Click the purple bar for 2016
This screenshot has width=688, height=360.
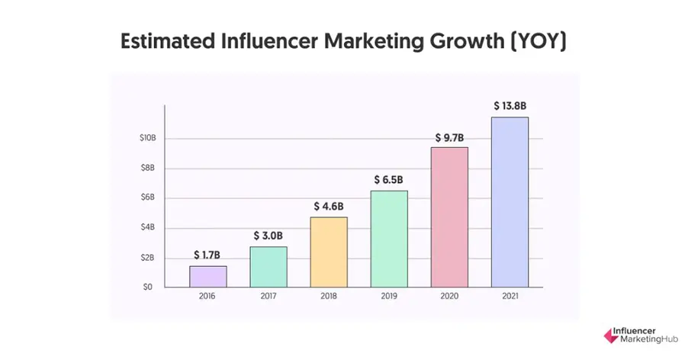[208, 276]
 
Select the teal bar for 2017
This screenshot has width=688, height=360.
[268, 267]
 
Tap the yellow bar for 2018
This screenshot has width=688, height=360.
[329, 252]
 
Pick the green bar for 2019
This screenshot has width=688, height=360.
[389, 239]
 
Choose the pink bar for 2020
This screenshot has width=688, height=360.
[449, 217]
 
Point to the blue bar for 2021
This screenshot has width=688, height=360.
[510, 202]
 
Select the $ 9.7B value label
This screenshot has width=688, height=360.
[449, 137]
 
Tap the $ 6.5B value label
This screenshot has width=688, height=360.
[389, 180]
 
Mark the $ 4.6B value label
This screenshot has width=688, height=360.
[329, 207]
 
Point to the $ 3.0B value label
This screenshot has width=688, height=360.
[268, 236]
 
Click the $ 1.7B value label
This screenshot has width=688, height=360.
[208, 255]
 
